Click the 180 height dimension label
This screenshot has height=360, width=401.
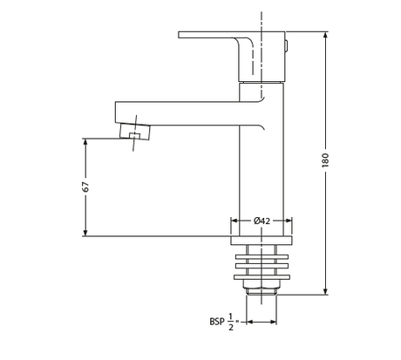325,160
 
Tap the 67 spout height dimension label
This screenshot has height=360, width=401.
85,187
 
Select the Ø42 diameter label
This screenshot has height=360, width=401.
262,221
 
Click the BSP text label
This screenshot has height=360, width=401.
217,322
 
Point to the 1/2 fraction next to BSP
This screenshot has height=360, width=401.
231,322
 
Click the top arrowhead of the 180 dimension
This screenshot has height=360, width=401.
325,35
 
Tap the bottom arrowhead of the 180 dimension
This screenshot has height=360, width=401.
325,291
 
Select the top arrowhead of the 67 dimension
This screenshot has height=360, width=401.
85,142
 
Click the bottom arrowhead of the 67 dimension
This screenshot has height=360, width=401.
85,233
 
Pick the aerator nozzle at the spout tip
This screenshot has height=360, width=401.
135,132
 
